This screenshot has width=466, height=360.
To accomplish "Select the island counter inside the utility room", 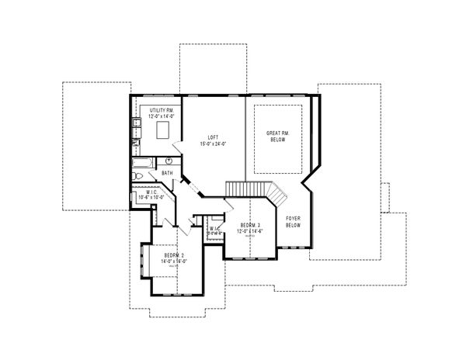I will pos(164,130).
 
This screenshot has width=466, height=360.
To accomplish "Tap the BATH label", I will pos(167,172).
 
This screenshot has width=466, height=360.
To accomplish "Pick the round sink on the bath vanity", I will pos(168,161).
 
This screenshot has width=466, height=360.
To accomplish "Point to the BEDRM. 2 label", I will pos(172,255).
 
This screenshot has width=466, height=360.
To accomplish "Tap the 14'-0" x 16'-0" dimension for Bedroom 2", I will pos(172,262).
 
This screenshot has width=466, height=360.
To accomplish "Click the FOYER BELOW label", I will pos(294,223).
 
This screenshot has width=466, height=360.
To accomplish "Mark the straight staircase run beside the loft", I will pos(243,189).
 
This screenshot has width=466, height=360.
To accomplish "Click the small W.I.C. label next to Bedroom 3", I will pos(214,230).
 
